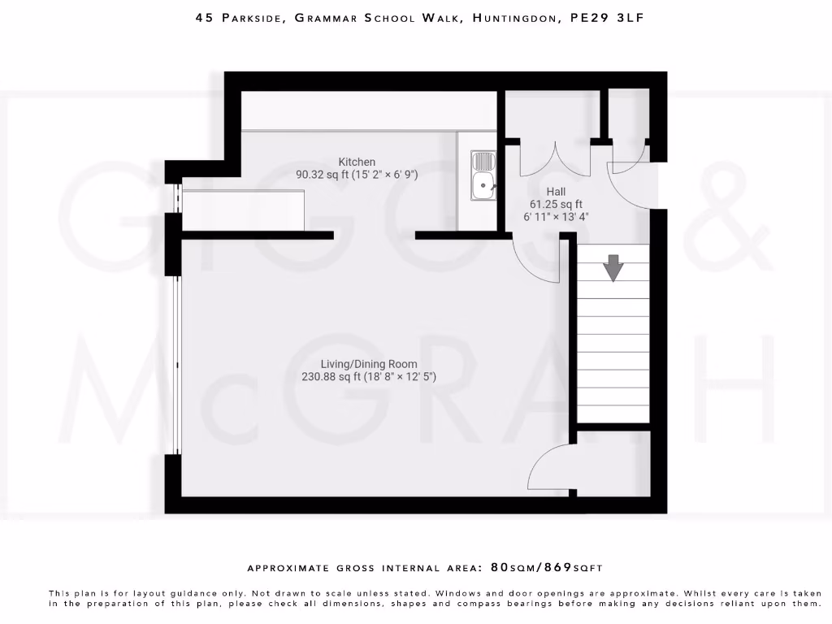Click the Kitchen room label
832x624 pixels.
(x=357, y=162)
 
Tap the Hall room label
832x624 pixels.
(x=556, y=192)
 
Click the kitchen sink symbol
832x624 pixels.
(x=484, y=176)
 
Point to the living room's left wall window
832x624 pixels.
(x=175, y=366)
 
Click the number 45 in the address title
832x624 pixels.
(x=204, y=17)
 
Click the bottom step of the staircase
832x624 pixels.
(x=613, y=413)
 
